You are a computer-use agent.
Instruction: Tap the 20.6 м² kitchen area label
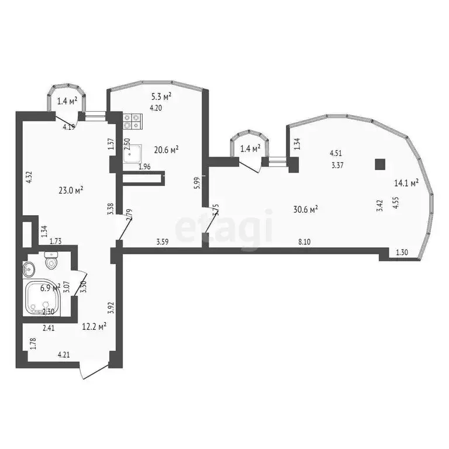[166, 150]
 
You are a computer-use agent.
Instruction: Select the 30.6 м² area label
[305, 209]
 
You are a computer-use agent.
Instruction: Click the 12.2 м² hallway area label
[94, 326]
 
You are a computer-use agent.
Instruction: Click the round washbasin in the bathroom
[30, 268]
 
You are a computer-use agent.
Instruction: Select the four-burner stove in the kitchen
[133, 121]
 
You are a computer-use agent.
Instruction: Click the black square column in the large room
[381, 164]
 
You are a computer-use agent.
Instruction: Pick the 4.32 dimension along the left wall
[27, 177]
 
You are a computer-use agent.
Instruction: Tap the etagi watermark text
[225, 228]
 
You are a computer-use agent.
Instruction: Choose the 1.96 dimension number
[144, 167]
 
